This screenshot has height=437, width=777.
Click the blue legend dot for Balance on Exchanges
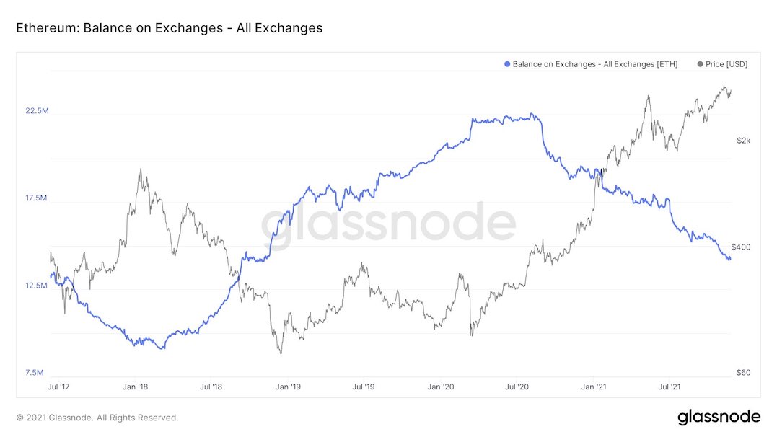[507, 64]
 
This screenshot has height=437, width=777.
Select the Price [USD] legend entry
[722, 64]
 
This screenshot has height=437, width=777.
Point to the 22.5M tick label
[37, 111]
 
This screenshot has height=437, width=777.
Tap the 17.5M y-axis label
[37, 198]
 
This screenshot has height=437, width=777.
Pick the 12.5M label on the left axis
[37, 286]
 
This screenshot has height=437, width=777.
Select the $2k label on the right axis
[744, 141]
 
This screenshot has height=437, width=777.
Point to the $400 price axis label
[742, 247]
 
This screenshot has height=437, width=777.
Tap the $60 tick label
[743, 373]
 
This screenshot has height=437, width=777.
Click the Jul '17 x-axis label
[57, 387]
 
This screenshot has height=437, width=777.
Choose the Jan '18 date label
[135, 387]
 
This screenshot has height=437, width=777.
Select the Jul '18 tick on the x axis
[211, 387]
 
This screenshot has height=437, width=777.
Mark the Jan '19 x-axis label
[289, 387]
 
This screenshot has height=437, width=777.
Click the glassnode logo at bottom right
[719, 417]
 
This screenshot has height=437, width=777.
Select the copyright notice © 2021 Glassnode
[97, 418]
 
